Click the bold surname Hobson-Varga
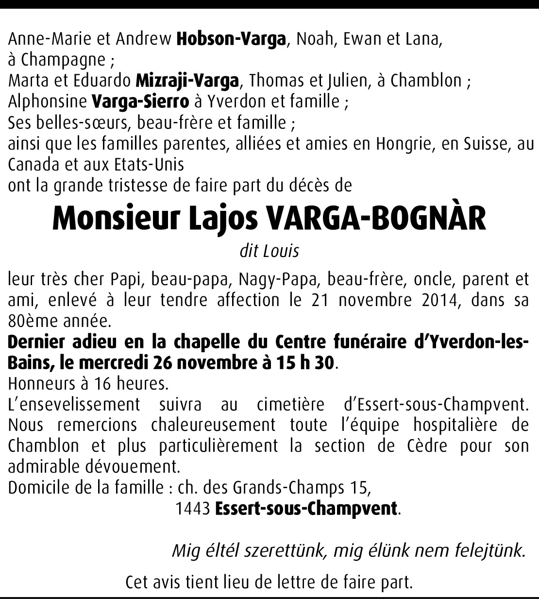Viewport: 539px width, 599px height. click(x=231, y=39)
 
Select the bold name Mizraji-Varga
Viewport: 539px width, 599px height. click(x=187, y=81)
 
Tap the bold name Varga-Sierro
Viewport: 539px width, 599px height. click(x=140, y=102)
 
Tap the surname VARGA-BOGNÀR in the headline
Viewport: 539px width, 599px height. click(x=376, y=219)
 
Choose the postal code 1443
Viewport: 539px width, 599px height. click(x=192, y=508)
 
